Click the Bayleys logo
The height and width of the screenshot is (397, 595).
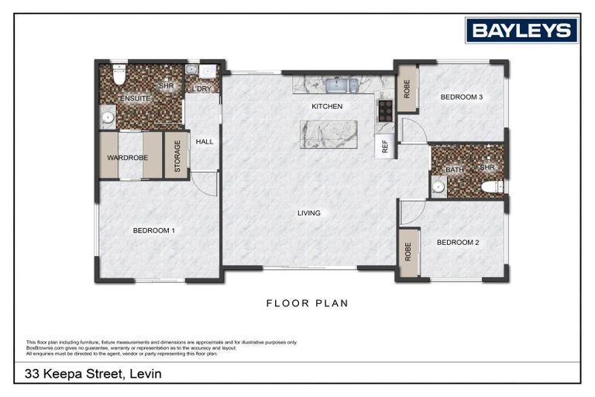coord(521,30)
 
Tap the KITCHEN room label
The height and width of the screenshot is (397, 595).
coord(326,106)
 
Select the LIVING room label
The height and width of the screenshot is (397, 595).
coord(309,212)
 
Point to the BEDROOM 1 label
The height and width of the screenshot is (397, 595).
coord(153,230)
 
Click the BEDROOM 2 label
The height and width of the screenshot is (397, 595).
coord(457,242)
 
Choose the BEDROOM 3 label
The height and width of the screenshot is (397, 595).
coord(462,97)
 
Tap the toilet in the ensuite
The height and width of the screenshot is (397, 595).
coord(119,75)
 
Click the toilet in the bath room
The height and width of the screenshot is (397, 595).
coord(491,186)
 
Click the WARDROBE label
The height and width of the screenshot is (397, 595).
coord(127,157)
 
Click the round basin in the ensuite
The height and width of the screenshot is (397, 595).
coord(108,118)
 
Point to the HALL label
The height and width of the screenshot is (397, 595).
coord(204,142)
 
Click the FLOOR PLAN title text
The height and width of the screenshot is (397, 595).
coord(307,303)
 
